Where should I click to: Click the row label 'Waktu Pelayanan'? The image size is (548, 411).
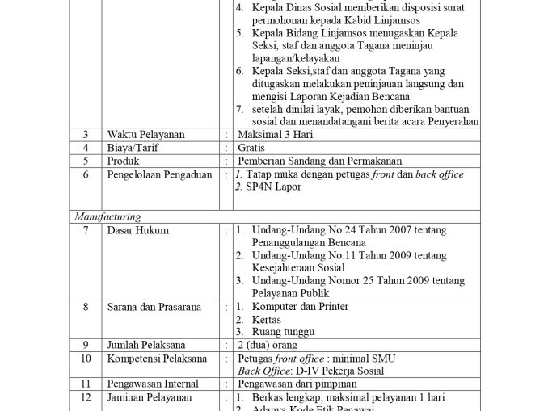click(145, 134)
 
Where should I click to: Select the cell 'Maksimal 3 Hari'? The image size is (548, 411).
click(275, 134)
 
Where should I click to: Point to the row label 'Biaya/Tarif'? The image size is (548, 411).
click(133, 148)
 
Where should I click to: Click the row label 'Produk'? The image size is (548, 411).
click(123, 161)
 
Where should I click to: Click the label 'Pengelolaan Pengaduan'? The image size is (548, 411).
click(159, 174)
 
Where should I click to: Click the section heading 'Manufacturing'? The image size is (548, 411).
click(107, 216)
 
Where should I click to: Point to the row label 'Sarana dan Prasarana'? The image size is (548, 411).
click(155, 307)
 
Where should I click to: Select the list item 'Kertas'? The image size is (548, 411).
click(267, 320)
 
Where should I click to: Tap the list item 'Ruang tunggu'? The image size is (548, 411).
click(283, 332)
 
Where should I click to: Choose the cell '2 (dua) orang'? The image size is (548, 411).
click(268, 345)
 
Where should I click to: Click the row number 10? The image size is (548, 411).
click(86, 359)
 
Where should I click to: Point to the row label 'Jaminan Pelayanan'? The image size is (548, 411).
click(150, 397)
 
